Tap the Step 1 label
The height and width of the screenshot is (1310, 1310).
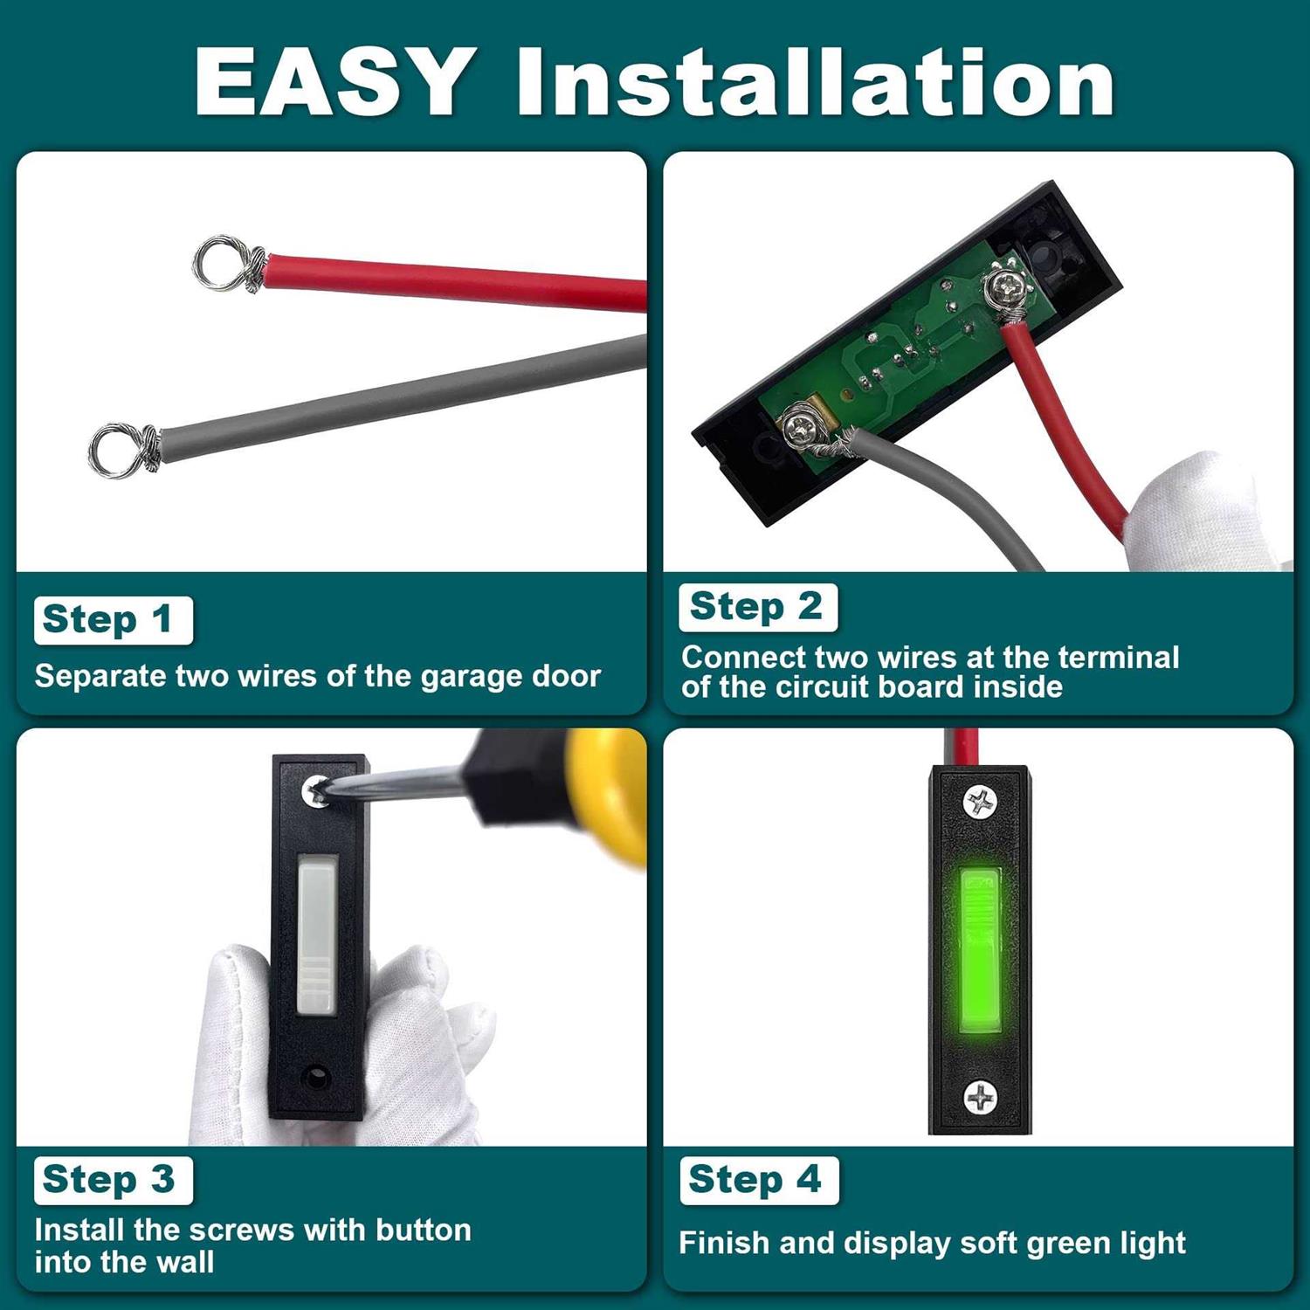point(114,620)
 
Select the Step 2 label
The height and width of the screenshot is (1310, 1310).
point(758,607)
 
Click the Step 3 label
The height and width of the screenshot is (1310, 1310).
point(114,1180)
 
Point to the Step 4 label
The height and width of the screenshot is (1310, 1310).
point(759,1180)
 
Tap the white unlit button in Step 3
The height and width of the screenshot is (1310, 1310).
point(317,937)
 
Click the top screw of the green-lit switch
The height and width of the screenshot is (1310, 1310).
point(981,802)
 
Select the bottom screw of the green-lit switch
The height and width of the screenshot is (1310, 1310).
point(981,1097)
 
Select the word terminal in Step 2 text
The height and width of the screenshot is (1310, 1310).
point(1105,657)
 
